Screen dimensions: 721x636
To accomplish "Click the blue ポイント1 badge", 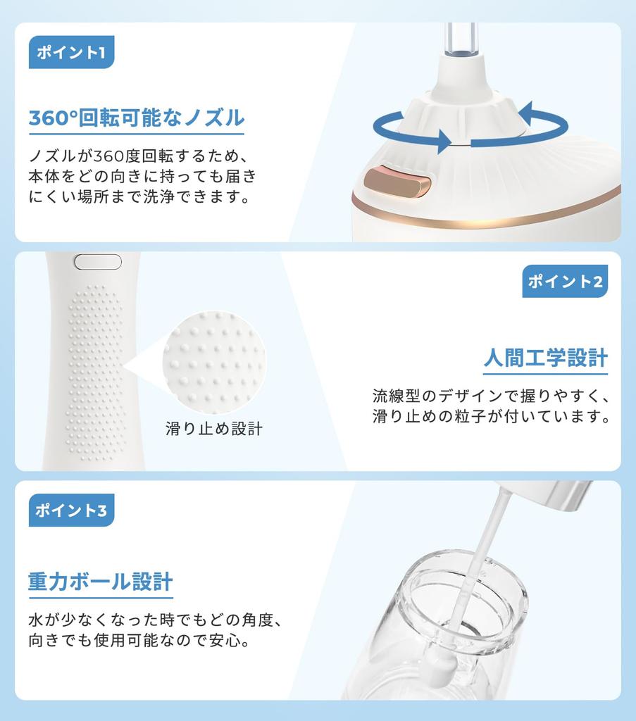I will pyautogui.click(x=71, y=53).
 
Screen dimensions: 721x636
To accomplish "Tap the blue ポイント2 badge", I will pyautogui.click(x=565, y=282).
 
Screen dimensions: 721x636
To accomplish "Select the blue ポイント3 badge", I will pyautogui.click(x=71, y=510).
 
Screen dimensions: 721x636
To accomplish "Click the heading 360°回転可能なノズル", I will pyautogui.click(x=136, y=117).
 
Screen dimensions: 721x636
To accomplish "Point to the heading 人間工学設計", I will pyautogui.click(x=545, y=358).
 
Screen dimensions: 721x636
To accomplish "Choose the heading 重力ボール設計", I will pyautogui.click(x=100, y=582).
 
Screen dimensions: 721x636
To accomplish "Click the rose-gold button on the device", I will pyautogui.click(x=397, y=182).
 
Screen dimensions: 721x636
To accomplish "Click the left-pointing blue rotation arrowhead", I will pyautogui.click(x=526, y=113).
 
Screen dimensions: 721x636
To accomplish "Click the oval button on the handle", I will pyautogui.click(x=98, y=262).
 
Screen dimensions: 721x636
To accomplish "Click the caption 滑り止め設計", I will pyautogui.click(x=213, y=428).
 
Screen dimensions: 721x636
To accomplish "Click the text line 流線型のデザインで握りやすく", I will pyautogui.click(x=490, y=395).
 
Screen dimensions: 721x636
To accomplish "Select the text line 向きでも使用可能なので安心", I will pyautogui.click(x=139, y=641).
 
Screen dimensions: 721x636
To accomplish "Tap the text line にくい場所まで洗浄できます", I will pyautogui.click(x=139, y=196).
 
